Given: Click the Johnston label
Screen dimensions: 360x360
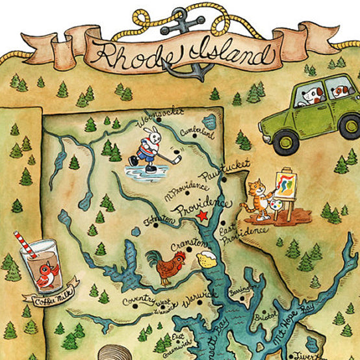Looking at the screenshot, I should coord(159,222).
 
